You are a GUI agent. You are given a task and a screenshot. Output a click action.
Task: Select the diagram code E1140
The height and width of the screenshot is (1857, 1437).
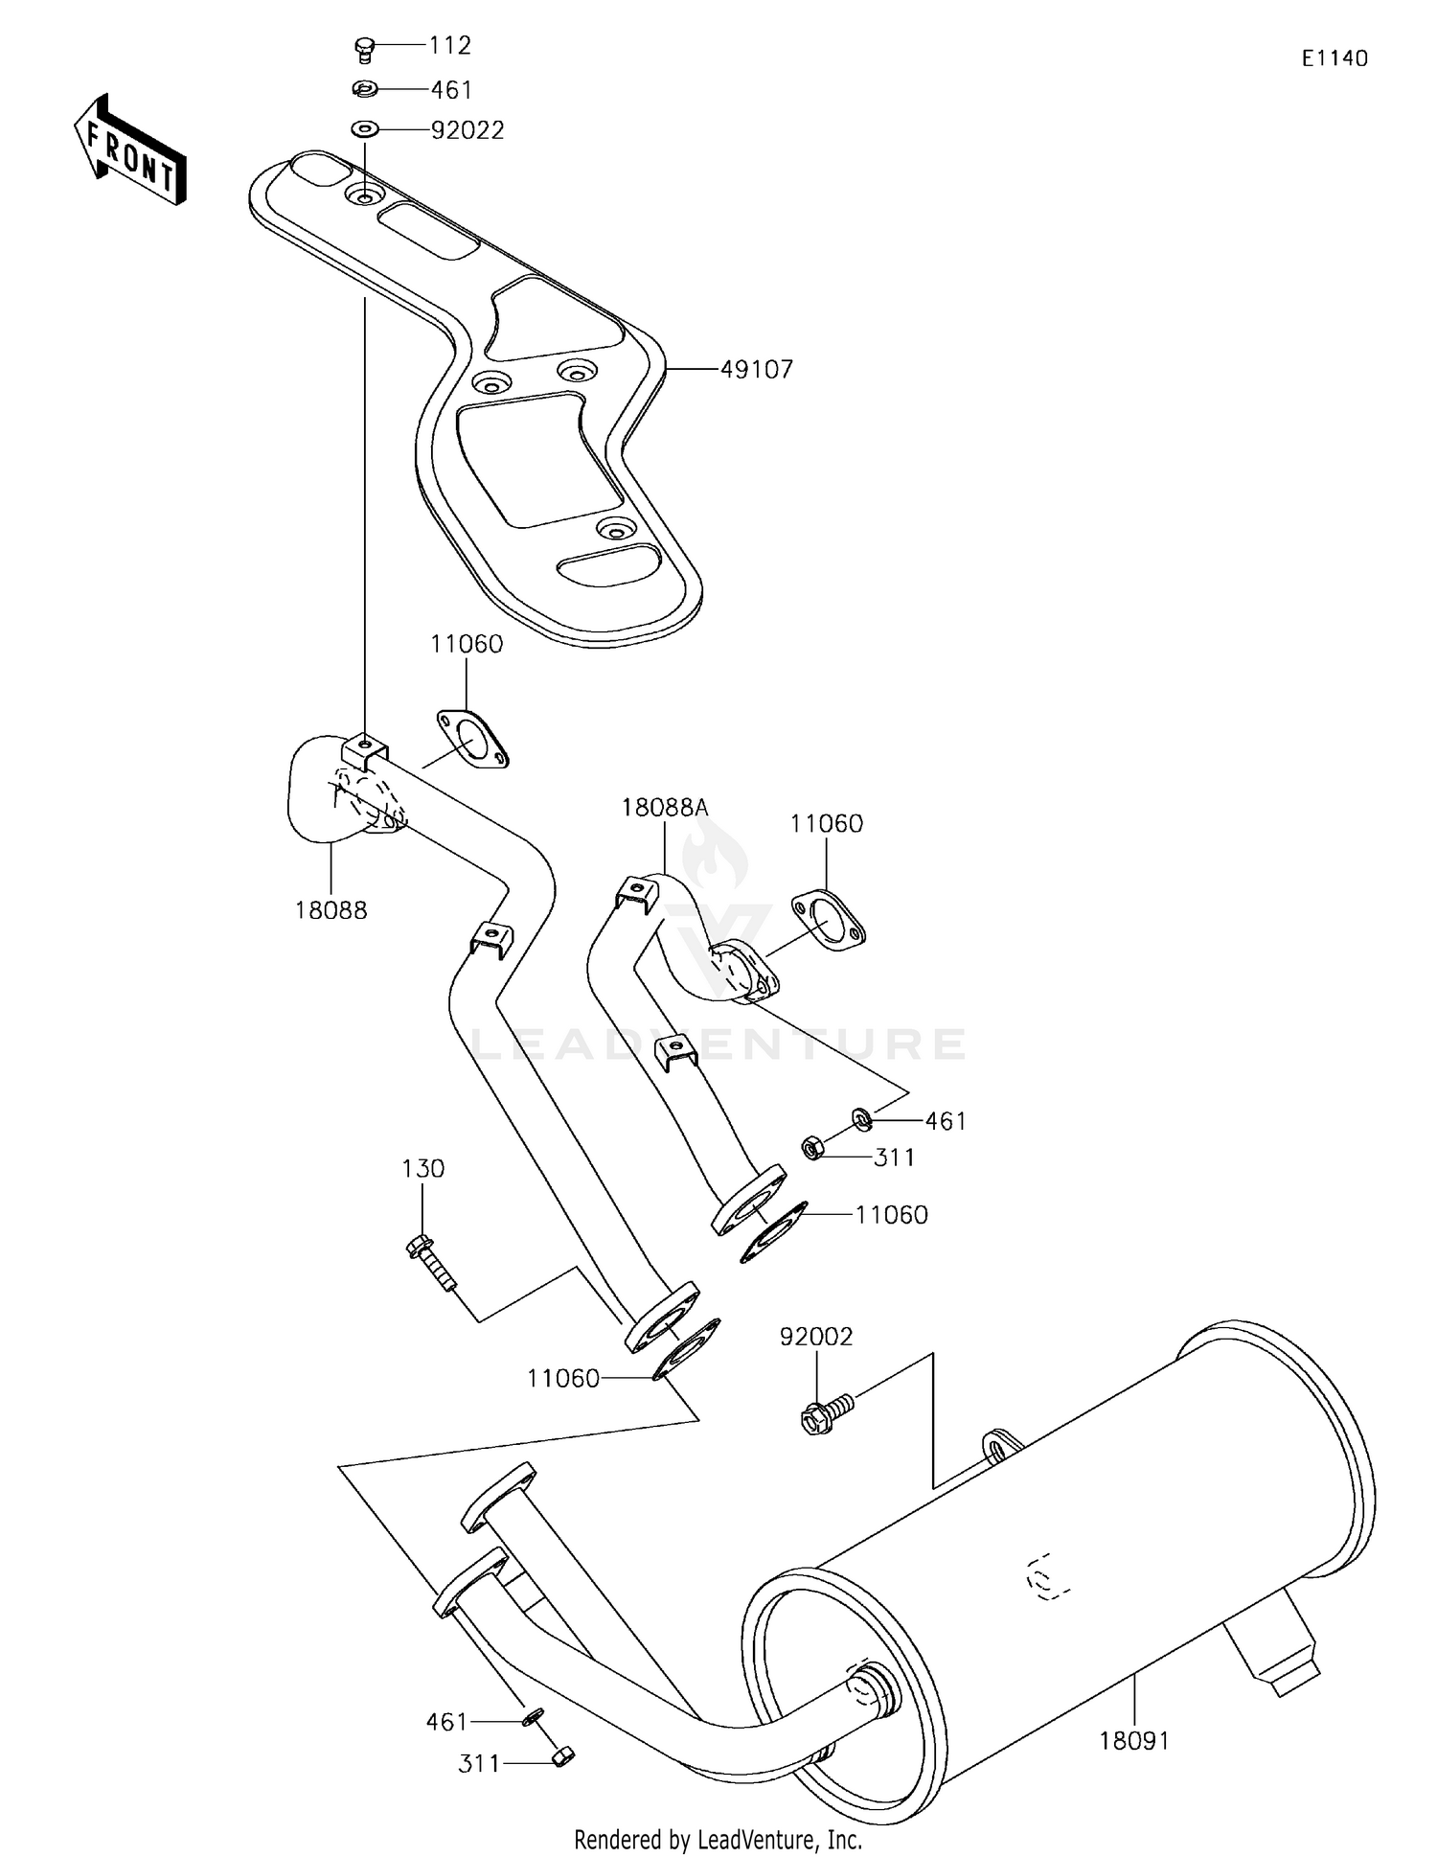tap(1334, 58)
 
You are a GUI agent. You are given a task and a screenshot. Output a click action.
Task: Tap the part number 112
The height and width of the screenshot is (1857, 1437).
tap(449, 45)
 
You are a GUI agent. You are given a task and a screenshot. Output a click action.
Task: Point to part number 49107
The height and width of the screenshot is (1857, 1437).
tap(757, 369)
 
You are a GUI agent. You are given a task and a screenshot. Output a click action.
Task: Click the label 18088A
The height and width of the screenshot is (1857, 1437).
tap(664, 808)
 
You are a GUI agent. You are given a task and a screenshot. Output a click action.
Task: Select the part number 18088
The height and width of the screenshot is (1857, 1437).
tap(331, 910)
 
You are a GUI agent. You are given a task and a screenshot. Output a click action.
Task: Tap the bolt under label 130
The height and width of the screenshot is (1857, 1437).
tap(430, 1263)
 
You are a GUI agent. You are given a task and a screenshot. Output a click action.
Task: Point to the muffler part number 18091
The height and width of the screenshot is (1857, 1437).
tap(1134, 1740)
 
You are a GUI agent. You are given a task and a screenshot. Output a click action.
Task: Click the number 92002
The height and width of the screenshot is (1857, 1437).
tap(815, 1336)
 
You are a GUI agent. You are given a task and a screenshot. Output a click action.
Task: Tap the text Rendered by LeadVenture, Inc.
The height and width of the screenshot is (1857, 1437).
tap(718, 1839)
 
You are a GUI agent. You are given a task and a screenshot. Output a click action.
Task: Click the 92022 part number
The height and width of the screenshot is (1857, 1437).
tap(467, 130)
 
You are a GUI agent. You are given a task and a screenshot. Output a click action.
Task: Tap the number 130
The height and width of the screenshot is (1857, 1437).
tap(422, 1168)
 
